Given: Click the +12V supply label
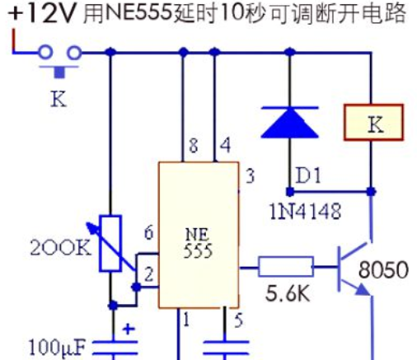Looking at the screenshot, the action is [41, 13].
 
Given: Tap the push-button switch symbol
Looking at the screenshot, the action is [59, 61].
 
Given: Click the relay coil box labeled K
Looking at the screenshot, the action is [373, 123].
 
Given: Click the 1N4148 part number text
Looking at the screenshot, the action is [306, 212].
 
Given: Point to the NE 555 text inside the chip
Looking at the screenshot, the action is [198, 243].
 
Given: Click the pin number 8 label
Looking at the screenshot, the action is [194, 145].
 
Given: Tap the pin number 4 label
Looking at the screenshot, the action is [225, 145].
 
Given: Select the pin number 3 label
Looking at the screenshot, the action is [250, 176].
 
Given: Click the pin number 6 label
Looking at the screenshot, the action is [149, 233].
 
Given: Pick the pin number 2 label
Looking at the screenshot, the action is [148, 274].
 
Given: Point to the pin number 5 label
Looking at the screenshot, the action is [238, 320].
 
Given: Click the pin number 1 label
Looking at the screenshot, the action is [186, 320].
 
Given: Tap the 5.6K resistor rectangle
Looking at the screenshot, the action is [286, 266].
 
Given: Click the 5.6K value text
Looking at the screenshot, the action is [288, 293].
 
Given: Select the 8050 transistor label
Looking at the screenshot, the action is [383, 269].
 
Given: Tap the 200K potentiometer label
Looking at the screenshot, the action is [60, 248].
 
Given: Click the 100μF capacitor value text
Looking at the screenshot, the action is [57, 348].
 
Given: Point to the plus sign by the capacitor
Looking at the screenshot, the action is [129, 329].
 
